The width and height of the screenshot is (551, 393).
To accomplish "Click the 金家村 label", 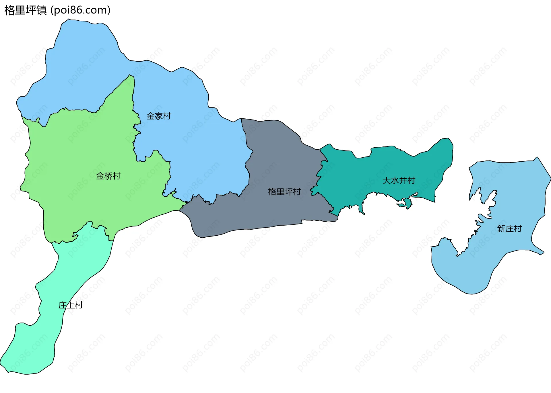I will click(159, 116).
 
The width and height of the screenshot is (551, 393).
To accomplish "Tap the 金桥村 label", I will click(108, 176).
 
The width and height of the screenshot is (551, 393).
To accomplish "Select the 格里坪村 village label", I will click(284, 191).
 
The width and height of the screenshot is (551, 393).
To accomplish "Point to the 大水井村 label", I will click(399, 181).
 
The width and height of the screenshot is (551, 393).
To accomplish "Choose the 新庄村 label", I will click(509, 229).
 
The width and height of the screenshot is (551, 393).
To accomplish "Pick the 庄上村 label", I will click(71, 305).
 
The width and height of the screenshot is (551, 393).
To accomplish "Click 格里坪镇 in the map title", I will click(26, 10).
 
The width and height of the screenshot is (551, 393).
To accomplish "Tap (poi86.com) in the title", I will click(80, 10).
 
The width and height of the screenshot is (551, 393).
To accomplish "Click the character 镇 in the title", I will click(42, 10).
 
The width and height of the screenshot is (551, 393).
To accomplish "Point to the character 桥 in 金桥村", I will click(108, 176).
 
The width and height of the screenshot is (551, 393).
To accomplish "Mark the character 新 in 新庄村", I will click(501, 229).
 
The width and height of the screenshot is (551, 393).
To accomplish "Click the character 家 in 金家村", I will click(159, 116).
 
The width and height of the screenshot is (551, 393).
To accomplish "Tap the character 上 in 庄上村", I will click(71, 305).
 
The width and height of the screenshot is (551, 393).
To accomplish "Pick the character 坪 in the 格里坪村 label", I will click(288, 191).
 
